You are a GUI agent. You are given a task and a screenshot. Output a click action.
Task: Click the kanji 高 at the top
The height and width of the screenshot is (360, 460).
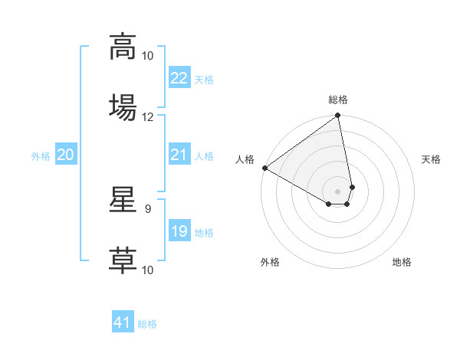click(x=123, y=46)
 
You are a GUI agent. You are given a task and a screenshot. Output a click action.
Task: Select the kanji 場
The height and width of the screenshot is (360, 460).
click(x=123, y=106)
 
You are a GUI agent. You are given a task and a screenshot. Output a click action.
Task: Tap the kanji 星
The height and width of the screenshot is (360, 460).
click(x=123, y=200)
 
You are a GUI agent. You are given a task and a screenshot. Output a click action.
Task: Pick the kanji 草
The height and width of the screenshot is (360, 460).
click(x=123, y=260)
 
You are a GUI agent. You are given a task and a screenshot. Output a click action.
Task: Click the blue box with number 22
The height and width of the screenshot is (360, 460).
click(x=179, y=78)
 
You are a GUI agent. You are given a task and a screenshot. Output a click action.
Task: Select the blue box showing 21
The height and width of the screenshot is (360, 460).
click(x=179, y=155)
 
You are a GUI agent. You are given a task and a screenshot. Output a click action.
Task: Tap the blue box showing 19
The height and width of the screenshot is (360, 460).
click(x=179, y=231)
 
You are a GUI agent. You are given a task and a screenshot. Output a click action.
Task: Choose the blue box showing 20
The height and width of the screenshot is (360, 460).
click(x=65, y=155)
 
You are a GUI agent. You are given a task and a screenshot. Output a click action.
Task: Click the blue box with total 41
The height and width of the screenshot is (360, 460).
click(x=123, y=323)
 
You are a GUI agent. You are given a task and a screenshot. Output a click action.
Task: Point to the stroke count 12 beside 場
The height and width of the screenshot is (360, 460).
click(x=148, y=117)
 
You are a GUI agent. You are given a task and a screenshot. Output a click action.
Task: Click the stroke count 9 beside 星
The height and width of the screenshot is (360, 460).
click(x=147, y=208)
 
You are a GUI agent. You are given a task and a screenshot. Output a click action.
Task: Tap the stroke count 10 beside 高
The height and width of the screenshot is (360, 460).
click(x=148, y=56)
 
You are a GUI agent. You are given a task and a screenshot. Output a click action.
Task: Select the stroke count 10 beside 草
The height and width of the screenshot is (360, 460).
click(x=148, y=270)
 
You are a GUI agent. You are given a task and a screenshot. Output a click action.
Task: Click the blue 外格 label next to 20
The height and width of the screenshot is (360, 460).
click(x=41, y=156)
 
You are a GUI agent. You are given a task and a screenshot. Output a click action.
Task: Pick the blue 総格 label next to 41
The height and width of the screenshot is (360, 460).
click(x=147, y=324)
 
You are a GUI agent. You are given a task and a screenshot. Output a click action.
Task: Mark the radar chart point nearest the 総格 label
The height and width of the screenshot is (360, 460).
click(x=338, y=116)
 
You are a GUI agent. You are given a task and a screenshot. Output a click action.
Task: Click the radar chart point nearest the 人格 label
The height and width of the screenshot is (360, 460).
click(x=264, y=168)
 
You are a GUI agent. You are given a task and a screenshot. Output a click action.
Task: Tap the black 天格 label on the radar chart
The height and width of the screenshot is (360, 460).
click(x=432, y=159)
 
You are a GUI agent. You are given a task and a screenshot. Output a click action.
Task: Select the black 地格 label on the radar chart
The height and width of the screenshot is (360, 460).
click(x=402, y=262)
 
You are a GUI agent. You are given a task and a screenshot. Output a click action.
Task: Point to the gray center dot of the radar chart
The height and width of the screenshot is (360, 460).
click(x=338, y=191)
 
